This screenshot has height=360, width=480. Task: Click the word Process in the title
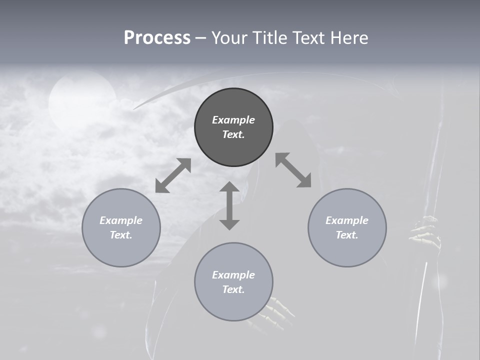pos(157,38)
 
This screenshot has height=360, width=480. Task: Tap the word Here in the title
pos(349,38)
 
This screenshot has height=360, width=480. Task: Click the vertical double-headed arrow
pos(229,205)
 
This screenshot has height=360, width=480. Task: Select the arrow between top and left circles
pos(173,175)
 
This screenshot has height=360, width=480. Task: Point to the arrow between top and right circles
pos(293,170)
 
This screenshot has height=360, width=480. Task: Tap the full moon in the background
pos(82,100)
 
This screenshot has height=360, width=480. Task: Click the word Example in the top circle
pos(233,120)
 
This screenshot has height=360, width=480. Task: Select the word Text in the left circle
pos(121,235)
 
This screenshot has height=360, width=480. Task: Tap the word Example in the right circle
pos(347,220)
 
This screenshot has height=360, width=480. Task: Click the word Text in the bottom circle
pos(233,289)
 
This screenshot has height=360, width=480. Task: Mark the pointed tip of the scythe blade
pos(134,108)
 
